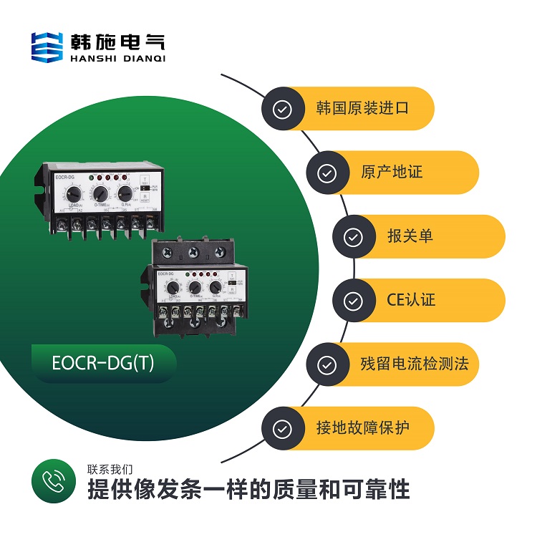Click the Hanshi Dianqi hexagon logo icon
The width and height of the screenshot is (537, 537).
[47, 46]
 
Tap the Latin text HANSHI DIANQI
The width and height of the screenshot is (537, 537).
[118, 59]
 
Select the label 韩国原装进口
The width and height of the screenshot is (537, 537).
[362, 109]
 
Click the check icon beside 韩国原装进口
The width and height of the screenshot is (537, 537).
[283, 109]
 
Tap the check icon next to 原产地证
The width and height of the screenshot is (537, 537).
[327, 173]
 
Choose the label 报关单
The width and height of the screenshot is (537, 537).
[410, 236]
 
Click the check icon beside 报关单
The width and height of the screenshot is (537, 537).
[354, 237]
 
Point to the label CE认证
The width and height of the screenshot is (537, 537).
[407, 300]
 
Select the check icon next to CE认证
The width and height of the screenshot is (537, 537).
[354, 301]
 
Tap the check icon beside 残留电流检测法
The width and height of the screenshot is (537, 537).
[327, 364]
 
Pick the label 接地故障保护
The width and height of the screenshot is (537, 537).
[362, 428]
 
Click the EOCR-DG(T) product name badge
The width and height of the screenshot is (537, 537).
[104, 364]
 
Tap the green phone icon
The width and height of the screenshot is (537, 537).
[53, 481]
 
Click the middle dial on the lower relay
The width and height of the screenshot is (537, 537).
[194, 287]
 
